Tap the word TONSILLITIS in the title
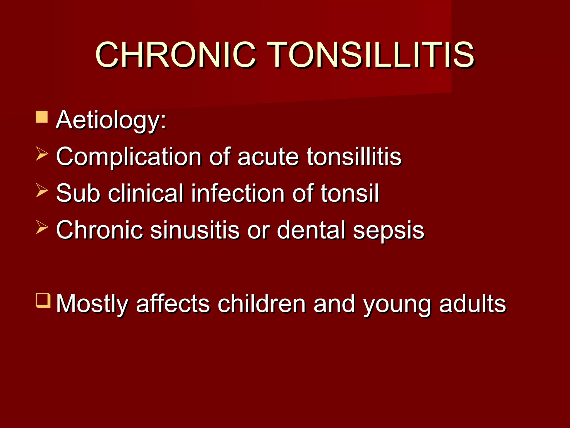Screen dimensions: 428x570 (371, 55)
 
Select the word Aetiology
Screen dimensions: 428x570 (111, 120)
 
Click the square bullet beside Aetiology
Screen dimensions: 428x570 (42, 117)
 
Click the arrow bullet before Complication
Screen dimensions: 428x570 (42, 154)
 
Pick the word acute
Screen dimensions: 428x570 (268, 157)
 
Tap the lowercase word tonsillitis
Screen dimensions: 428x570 (354, 157)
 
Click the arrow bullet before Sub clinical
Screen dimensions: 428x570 (42, 191)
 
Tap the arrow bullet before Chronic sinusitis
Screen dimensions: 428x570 (42, 227)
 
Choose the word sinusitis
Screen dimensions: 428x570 (195, 230)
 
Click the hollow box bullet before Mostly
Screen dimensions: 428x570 (43, 300)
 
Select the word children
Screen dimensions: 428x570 (262, 303)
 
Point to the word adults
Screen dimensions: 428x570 (472, 303)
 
